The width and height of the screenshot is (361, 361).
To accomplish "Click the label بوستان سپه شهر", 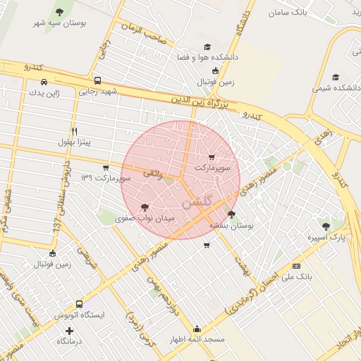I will click(59, 23).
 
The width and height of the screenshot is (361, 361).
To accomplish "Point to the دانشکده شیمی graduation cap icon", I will click(336, 77).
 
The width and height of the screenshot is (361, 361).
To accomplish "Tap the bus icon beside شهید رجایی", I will click(97, 80).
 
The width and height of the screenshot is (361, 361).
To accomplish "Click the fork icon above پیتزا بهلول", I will click(74, 132).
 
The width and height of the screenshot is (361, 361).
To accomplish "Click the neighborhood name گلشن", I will click(197, 202).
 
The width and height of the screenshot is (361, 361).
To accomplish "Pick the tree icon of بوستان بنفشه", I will click(231, 214).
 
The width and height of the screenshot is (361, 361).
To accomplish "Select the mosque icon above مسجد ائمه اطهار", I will click(197, 328).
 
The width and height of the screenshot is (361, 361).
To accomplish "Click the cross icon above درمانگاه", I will click(69, 331).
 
